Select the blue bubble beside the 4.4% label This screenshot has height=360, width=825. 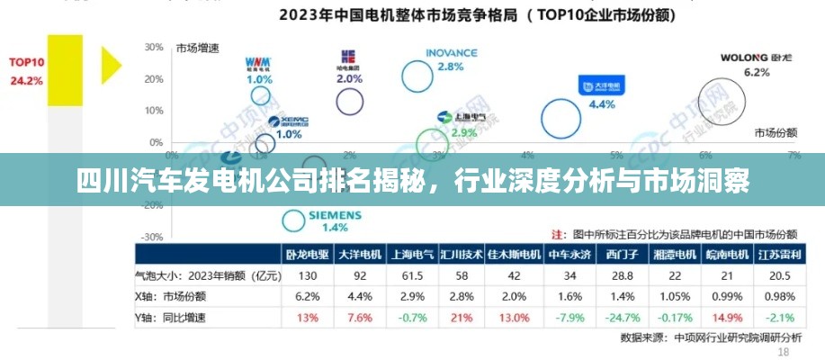coord(560,118)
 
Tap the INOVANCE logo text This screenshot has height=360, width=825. coord(451,53)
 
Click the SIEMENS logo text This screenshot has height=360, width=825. coord(335,216)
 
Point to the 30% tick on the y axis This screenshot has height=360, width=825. coord(154,47)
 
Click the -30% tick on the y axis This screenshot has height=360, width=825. coord(152,238)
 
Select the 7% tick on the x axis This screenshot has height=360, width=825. coord(794,155)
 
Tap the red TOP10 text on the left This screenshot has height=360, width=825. coord(27,62)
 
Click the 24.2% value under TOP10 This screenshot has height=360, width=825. coord(27,80)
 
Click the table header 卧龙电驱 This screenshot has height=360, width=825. coord(308,255)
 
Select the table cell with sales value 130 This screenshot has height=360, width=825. coord(308,275)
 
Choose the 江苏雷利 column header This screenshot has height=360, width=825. coord(781,255)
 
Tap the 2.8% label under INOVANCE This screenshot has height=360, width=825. coord(450,67)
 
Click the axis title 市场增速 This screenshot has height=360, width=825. coord(198,48)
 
